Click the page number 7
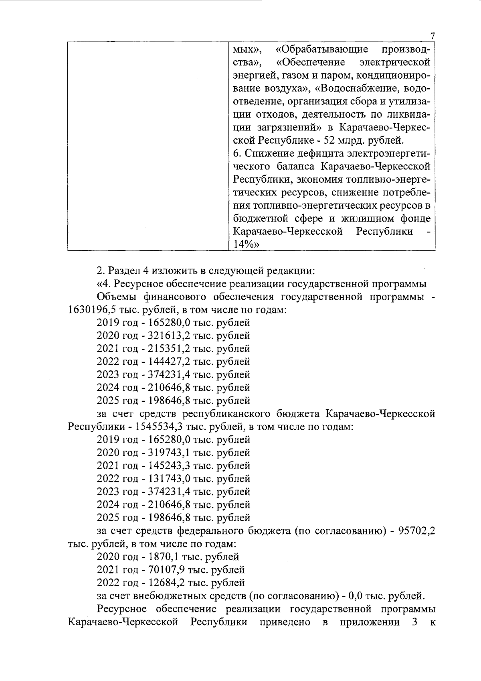click(x=432, y=36)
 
